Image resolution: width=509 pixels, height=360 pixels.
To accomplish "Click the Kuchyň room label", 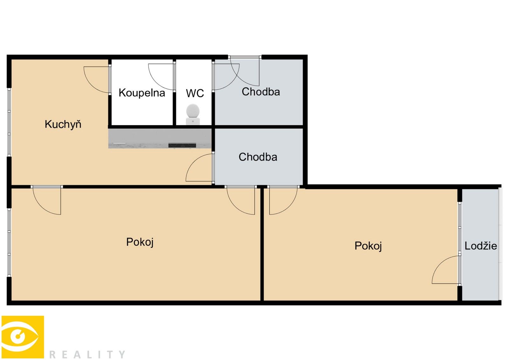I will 63,124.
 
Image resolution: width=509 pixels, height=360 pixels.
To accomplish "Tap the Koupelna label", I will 142,93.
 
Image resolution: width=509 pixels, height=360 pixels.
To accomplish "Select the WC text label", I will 195,93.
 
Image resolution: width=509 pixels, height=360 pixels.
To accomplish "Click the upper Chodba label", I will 261,92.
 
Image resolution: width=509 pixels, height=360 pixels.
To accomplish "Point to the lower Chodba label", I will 258,157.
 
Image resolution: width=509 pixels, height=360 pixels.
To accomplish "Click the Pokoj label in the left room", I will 140,242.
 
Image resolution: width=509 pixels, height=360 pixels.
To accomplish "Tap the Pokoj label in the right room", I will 368,246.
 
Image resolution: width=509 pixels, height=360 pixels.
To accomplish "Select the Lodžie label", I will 481,246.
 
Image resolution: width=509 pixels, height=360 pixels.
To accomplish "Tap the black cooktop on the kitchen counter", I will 182,145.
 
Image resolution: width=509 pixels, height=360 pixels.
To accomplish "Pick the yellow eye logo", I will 22,337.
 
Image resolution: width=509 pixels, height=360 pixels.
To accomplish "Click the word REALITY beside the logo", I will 87,354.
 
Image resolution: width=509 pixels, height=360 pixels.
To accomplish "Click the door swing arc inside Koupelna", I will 161,76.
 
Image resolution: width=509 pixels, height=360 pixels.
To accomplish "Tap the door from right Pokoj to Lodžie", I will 445,270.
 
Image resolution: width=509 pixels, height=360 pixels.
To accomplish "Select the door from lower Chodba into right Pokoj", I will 282,201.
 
